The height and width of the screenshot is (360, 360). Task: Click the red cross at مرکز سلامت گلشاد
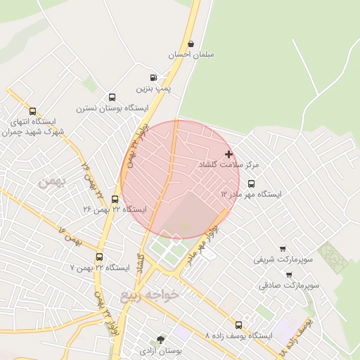(x=229, y=154)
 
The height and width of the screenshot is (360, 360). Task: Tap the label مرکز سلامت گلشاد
(x=229, y=164)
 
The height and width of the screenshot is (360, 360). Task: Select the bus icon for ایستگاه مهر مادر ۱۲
(x=252, y=184)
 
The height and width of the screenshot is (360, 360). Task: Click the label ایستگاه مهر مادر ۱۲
(x=251, y=193)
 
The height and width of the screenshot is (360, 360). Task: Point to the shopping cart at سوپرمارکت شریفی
(x=283, y=249)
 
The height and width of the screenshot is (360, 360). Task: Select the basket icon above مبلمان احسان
(x=191, y=44)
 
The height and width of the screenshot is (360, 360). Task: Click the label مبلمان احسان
(x=191, y=54)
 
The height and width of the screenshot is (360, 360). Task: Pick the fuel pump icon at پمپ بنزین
(x=153, y=78)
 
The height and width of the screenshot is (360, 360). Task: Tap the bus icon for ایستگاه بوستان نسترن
(x=112, y=98)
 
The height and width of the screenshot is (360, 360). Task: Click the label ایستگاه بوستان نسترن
(x=112, y=108)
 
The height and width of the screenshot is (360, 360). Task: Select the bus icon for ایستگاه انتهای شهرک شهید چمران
(x=32, y=111)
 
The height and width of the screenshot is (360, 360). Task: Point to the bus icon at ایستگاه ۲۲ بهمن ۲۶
(x=115, y=199)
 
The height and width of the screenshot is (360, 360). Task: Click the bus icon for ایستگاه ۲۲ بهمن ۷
(x=99, y=257)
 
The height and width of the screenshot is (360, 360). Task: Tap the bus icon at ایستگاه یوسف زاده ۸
(x=239, y=325)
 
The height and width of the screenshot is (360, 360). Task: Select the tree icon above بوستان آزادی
(x=161, y=339)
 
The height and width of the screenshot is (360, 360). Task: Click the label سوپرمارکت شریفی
(x=272, y=259)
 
